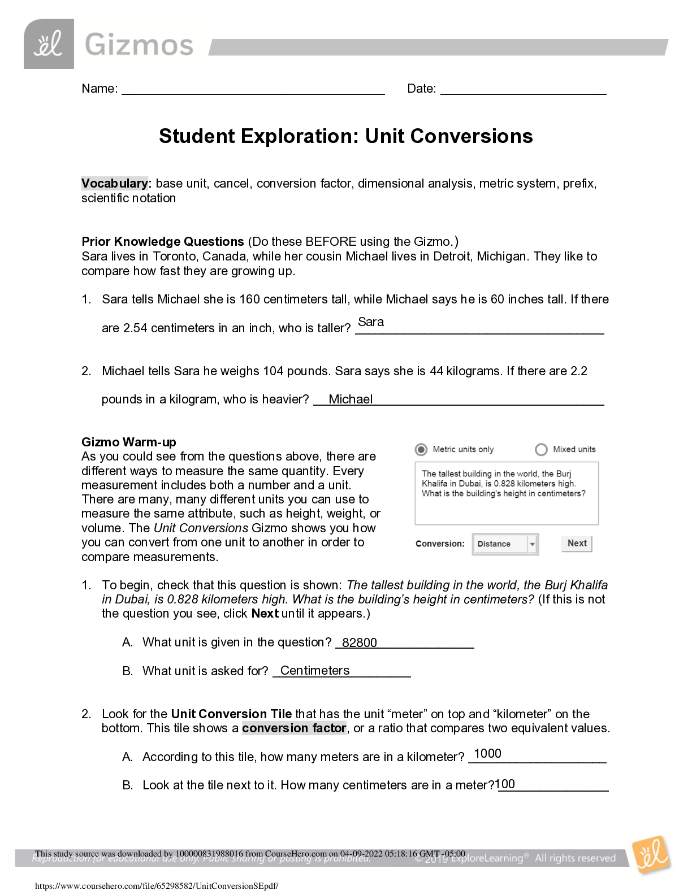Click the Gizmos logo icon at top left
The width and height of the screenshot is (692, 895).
pyautogui.click(x=49, y=44)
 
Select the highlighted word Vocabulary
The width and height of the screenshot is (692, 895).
pyautogui.click(x=114, y=184)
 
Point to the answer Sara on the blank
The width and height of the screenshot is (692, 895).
pyautogui.click(x=371, y=322)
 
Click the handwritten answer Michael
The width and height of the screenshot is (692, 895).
pyautogui.click(x=351, y=399)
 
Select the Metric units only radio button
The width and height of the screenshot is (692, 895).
pyautogui.click(x=421, y=450)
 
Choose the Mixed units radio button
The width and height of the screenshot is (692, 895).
pyautogui.click(x=541, y=450)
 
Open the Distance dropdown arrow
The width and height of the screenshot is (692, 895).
pyautogui.click(x=531, y=544)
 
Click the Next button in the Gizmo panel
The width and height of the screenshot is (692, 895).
pyautogui.click(x=577, y=544)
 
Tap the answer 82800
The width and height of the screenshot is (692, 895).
pyautogui.click(x=360, y=643)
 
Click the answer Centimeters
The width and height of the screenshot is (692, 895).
pyautogui.click(x=315, y=671)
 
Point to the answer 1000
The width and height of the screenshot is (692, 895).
pyautogui.click(x=487, y=754)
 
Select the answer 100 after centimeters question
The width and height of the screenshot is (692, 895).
pyautogui.click(x=505, y=784)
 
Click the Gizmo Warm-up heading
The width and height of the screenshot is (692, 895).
pyautogui.click(x=129, y=442)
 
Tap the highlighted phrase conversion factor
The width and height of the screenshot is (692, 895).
pyautogui.click(x=294, y=728)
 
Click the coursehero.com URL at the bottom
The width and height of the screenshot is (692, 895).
pyautogui.click(x=157, y=887)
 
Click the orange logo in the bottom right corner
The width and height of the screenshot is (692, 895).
pyautogui.click(x=651, y=855)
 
